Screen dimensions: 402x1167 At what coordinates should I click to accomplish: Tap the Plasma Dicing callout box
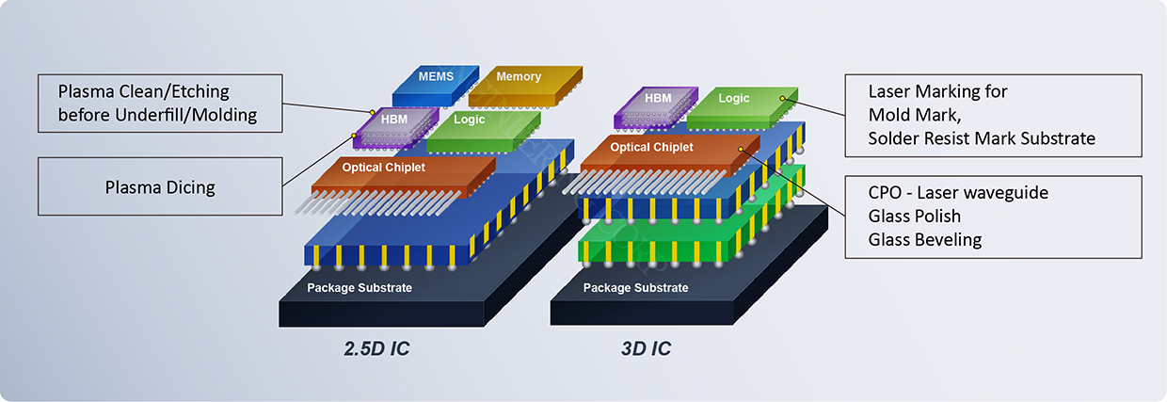[x=160, y=186]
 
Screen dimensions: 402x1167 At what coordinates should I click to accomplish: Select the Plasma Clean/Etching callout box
[x=160, y=104]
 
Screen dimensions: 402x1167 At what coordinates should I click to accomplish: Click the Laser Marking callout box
[x=992, y=115]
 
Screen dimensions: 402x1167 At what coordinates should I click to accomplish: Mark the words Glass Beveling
[x=925, y=239]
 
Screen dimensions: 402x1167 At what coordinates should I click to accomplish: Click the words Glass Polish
[x=915, y=216]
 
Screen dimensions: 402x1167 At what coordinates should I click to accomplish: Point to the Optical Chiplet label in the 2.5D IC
[x=383, y=168]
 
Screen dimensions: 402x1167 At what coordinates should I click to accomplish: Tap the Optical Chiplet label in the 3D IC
[x=651, y=148]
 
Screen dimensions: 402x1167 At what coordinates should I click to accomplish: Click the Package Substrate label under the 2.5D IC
[x=360, y=287]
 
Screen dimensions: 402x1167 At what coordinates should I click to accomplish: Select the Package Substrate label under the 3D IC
[x=636, y=287]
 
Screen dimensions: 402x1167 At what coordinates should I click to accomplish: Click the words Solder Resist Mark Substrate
[x=982, y=138]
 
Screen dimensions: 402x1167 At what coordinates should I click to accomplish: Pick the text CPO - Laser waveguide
[x=958, y=192]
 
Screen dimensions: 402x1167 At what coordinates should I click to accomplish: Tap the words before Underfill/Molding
[x=157, y=116]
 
